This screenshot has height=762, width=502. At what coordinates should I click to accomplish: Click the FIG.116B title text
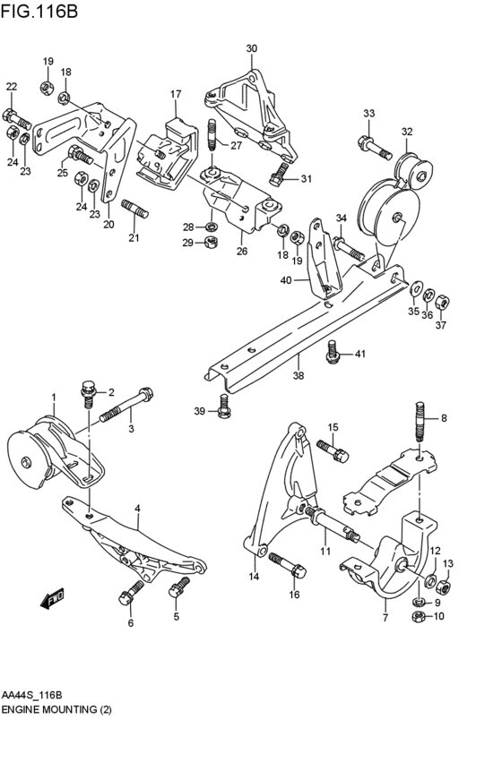[x=39, y=10]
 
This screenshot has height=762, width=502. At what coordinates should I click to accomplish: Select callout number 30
[x=252, y=48]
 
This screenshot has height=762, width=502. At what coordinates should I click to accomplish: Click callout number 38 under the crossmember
[x=299, y=375]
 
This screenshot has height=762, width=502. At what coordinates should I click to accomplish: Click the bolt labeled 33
[x=375, y=149]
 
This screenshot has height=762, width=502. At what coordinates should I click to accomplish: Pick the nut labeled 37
[x=442, y=303]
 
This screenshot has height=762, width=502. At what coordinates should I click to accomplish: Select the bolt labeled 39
[x=223, y=407]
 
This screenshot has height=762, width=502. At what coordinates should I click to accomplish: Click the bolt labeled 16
[x=287, y=565]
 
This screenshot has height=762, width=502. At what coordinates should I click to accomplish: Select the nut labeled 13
[x=443, y=587]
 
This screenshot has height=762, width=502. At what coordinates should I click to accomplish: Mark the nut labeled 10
[x=418, y=617]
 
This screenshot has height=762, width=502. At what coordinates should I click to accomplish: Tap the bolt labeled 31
[x=279, y=174]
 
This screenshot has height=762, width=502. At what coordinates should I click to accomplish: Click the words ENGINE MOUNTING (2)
[x=56, y=710]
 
